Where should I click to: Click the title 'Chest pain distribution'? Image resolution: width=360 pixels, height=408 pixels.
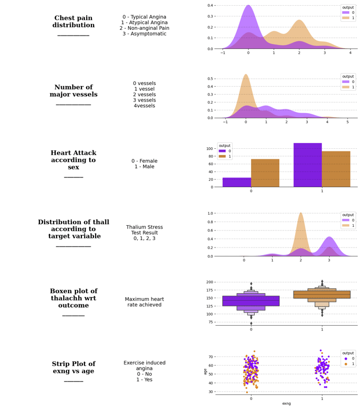click(73, 22)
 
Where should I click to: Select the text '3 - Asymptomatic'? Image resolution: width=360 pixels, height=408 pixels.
click(144, 34)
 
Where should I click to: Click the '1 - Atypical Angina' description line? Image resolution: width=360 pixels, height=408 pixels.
click(144, 23)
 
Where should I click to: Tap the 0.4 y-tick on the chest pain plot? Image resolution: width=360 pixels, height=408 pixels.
click(210, 5)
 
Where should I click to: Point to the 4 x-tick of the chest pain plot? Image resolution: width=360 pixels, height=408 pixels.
click(350, 53)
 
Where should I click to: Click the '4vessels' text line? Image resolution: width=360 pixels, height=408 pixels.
click(144, 106)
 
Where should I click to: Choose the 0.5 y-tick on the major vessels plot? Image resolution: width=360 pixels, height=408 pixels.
click(210, 79)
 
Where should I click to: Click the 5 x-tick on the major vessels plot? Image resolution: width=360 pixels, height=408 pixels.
click(347, 122)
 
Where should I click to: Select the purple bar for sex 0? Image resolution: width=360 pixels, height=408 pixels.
click(237, 182)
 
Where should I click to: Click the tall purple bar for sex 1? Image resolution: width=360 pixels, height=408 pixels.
click(307, 165)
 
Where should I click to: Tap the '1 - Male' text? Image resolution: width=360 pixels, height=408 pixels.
click(144, 167)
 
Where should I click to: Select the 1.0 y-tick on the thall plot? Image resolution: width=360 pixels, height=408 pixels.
click(210, 213)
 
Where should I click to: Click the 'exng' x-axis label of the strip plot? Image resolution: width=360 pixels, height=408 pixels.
click(286, 404)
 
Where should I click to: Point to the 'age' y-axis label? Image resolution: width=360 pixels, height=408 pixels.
click(205, 371)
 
